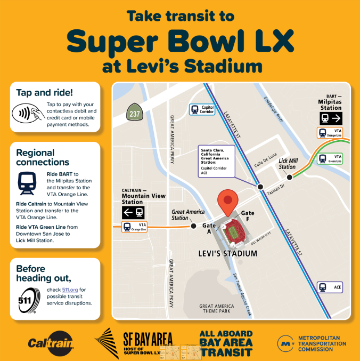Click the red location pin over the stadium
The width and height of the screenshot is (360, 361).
[228, 201]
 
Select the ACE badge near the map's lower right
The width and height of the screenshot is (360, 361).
[330, 287]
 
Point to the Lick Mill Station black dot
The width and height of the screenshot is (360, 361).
[290, 177]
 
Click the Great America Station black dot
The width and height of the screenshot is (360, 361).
[193, 226]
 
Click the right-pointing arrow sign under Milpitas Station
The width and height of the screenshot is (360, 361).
[330, 118]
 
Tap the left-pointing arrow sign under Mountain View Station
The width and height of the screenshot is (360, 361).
[134, 212]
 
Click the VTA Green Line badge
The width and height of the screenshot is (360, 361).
[330, 158]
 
